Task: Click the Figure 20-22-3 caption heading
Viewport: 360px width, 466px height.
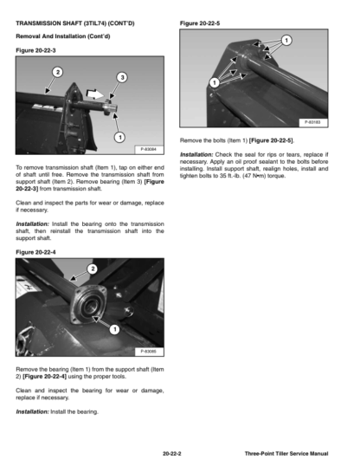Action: (x=35, y=50)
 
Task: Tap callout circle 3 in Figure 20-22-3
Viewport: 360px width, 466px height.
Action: (x=122, y=78)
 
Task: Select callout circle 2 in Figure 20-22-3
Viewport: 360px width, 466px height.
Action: (x=58, y=72)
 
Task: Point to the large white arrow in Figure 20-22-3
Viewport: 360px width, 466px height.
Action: (x=94, y=94)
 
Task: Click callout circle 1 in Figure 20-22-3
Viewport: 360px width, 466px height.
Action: (x=119, y=138)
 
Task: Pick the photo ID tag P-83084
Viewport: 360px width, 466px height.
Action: (x=149, y=149)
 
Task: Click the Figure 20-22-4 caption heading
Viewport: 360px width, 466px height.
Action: (x=35, y=252)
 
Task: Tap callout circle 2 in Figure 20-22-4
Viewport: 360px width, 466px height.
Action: (x=93, y=269)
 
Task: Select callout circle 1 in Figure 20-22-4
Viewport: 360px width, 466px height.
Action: (x=114, y=329)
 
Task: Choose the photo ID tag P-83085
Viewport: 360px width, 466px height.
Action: (x=149, y=352)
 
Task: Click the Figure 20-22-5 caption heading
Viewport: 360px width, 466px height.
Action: (x=200, y=23)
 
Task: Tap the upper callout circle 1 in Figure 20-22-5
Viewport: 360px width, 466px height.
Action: (x=286, y=40)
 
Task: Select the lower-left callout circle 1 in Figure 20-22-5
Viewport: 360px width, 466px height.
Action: (x=215, y=82)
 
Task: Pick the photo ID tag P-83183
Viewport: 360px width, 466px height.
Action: (x=312, y=122)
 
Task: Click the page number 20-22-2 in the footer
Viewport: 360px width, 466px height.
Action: (x=172, y=454)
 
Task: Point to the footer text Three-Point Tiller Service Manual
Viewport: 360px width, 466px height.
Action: (x=286, y=454)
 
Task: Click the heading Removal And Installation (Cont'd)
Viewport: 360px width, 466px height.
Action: (x=63, y=36)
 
